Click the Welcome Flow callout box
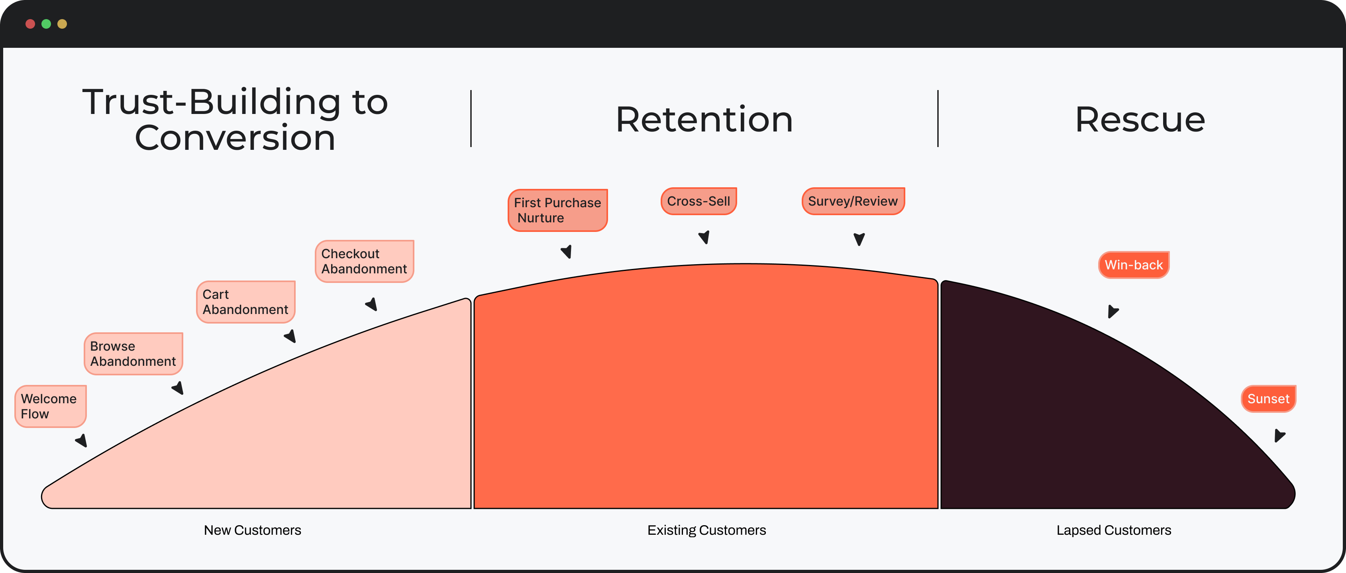coord(50,406)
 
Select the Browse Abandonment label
coord(133,353)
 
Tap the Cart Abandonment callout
coord(245,302)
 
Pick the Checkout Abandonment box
coord(364,261)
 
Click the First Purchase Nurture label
coord(557,210)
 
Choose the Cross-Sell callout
coord(699,201)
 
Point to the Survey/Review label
coord(853,201)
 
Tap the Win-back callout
coord(1133,265)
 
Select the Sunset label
coord(1268,398)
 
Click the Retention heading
coord(704,120)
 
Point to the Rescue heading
coord(1140,120)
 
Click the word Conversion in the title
coord(235,138)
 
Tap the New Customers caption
coord(252,530)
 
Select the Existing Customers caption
coord(706,530)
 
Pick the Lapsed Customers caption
coord(1113,530)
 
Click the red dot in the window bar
coord(30,24)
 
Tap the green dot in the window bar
coord(46,24)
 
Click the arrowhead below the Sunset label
coord(1279,435)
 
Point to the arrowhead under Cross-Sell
coord(704,237)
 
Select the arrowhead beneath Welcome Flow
coord(82,440)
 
